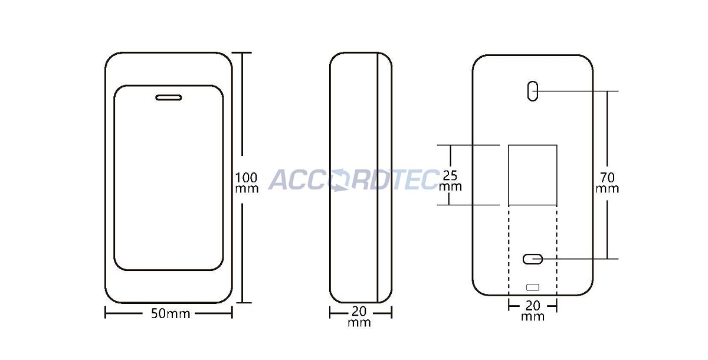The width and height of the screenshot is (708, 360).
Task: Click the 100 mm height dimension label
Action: (247, 183)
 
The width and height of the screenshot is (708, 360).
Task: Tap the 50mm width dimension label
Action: (171, 313)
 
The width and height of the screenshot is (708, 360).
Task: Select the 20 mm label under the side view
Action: (359, 317)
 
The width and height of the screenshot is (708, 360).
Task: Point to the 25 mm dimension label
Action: (450, 181)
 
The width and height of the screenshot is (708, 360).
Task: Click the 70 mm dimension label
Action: (607, 183)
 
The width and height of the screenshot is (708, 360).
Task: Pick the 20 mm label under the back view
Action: (533, 311)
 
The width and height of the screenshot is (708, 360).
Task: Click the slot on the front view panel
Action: (169, 97)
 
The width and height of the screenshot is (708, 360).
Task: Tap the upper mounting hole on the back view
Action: (533, 91)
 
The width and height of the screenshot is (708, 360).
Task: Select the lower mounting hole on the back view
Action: (533, 259)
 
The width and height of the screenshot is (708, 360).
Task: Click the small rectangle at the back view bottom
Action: (533, 287)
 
